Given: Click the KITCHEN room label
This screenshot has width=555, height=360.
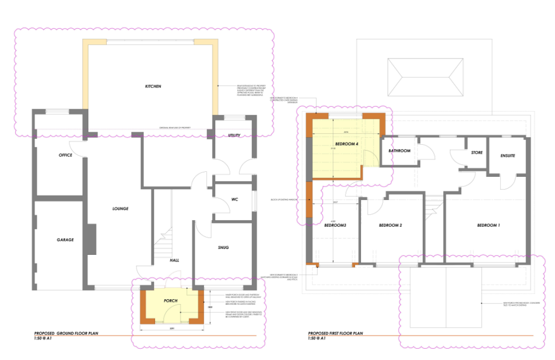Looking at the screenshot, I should pyautogui.click(x=153, y=87).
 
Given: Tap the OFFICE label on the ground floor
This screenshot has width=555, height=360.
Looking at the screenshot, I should pyautogui.click(x=66, y=156).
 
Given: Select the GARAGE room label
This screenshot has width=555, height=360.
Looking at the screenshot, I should pyautogui.click(x=65, y=240).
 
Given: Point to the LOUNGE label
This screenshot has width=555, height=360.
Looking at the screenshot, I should pyautogui.click(x=120, y=209).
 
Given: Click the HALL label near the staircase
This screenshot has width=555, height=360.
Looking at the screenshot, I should pyautogui.click(x=174, y=260).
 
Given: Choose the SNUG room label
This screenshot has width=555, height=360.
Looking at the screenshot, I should pyautogui.click(x=223, y=247).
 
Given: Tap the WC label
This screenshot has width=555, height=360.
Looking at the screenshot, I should pyautogui.click(x=235, y=200).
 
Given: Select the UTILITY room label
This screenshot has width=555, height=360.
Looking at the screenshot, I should pyautogui.click(x=234, y=136).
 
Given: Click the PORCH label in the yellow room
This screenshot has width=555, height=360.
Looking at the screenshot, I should pyautogui.click(x=171, y=301).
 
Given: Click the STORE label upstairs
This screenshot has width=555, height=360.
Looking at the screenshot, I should pyautogui.click(x=476, y=153).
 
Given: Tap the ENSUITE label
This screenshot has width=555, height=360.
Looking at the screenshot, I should pyautogui.click(x=507, y=156).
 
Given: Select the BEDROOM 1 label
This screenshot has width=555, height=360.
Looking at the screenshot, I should pyautogui.click(x=488, y=226).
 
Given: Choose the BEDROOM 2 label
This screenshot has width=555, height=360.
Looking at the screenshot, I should pyautogui.click(x=390, y=226).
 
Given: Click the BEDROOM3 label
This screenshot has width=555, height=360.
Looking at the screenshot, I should pyautogui.click(x=335, y=226).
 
